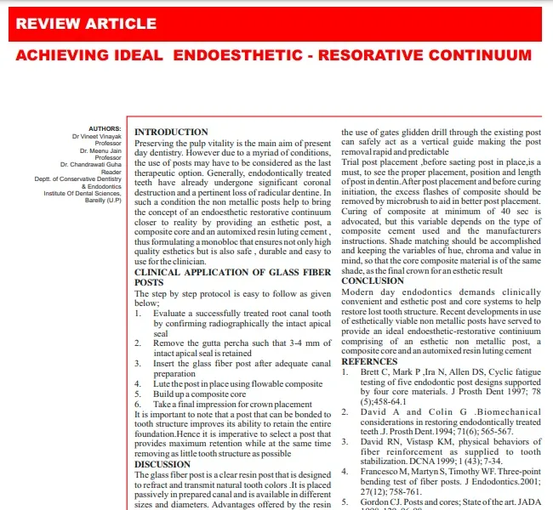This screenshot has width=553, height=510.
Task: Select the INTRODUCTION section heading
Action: tap(171, 132)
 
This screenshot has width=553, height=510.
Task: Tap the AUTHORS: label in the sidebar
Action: tap(105, 128)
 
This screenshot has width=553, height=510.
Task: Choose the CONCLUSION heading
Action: tap(373, 280)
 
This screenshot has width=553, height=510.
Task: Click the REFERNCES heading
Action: tap(369, 361)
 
